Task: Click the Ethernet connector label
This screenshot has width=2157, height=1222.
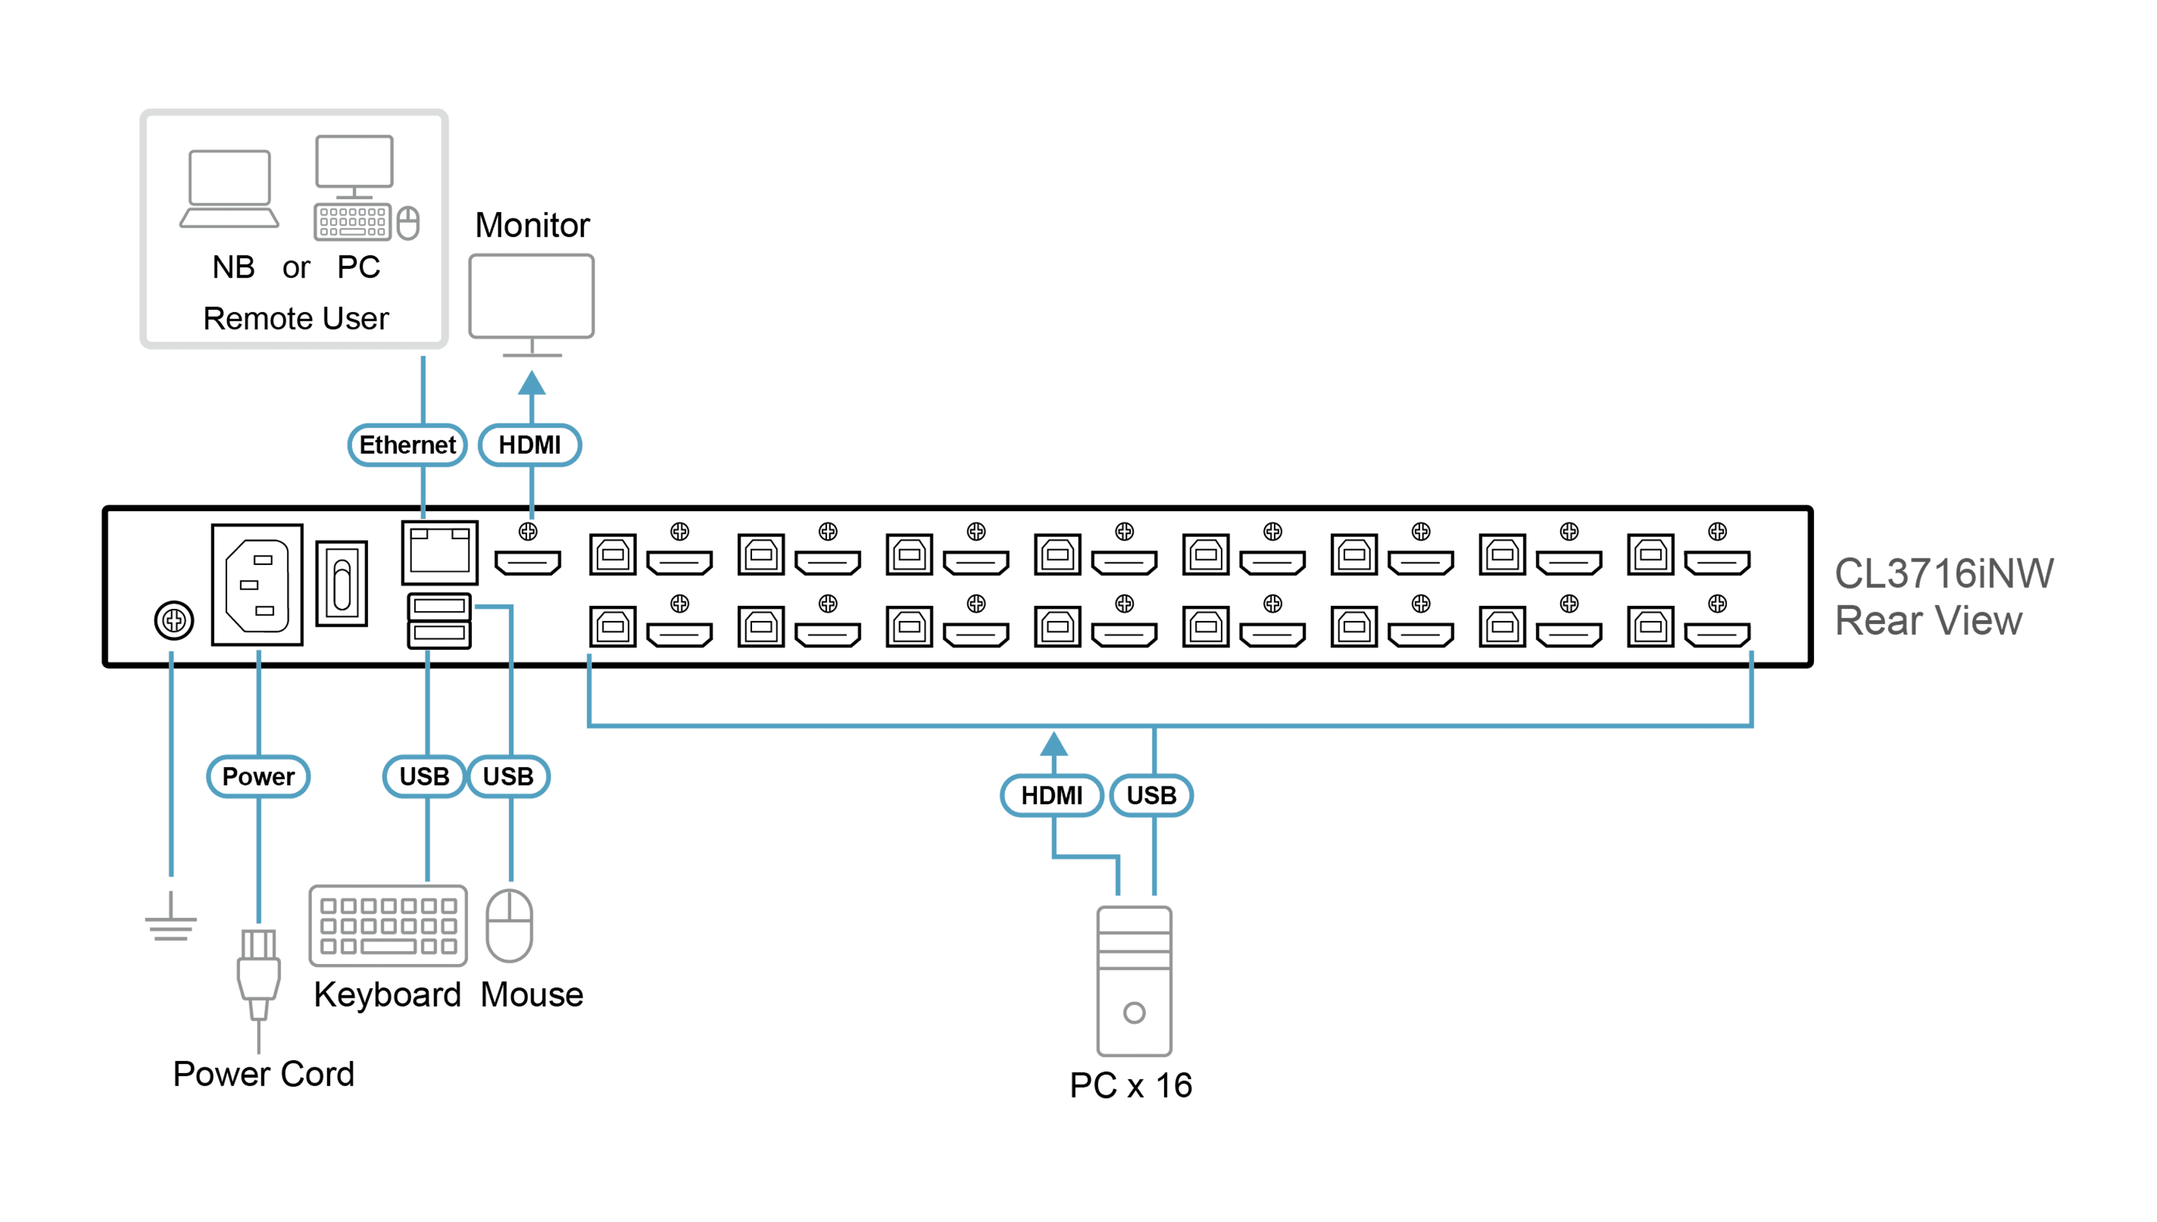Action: pos(407,445)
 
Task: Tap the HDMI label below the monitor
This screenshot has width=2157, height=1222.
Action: pos(530,445)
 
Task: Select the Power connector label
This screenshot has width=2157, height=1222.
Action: pos(259,776)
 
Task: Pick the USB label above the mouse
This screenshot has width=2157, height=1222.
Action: pos(508,776)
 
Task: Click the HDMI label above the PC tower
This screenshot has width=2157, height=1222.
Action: pos(1052,796)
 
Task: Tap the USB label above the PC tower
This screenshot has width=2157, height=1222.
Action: pos(1152,796)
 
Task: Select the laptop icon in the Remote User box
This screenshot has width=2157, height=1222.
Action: pos(229,189)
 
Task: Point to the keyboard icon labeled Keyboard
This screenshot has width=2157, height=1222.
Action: pos(388,926)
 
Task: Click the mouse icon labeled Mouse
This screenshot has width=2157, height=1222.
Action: pos(510,926)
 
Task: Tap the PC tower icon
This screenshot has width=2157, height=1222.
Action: pos(1134,981)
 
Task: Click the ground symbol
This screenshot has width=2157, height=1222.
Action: pos(171,917)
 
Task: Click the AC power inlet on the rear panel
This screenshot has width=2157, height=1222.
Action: pos(257,585)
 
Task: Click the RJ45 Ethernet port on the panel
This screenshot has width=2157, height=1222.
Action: pos(440,552)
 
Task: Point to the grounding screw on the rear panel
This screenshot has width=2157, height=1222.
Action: pos(174,621)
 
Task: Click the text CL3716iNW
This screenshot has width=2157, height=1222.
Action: pos(1944,574)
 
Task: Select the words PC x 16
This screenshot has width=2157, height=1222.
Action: pos(1130,1085)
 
